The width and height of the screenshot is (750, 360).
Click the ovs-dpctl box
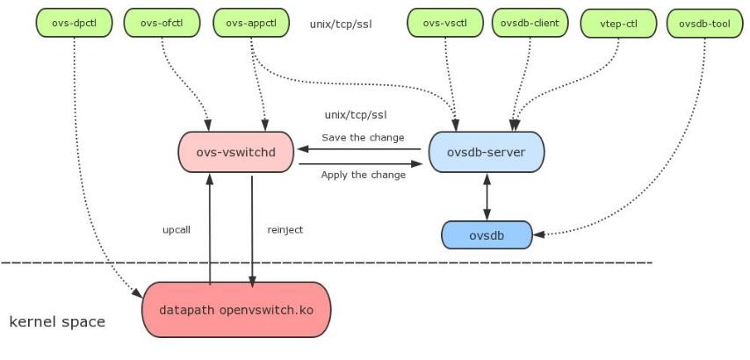pyautogui.click(x=74, y=23)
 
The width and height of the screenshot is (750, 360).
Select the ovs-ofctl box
pyautogui.click(x=163, y=23)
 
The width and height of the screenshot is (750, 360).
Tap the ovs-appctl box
pyautogui.click(x=252, y=23)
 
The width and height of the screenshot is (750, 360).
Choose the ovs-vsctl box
pyautogui.click(x=447, y=23)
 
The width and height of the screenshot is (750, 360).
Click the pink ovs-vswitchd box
pyautogui.click(x=235, y=152)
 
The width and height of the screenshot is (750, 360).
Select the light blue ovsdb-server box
pyautogui.click(x=487, y=152)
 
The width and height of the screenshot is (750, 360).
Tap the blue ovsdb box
pyautogui.click(x=486, y=234)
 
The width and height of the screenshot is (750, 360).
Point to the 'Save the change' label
pyautogui.click(x=363, y=137)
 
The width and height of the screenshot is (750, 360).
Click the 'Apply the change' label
pyautogui.click(x=363, y=175)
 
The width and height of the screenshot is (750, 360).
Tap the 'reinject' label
pyautogui.click(x=285, y=228)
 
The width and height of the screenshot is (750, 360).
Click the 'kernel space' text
pyautogui.click(x=57, y=321)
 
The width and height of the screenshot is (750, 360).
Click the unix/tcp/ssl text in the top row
pyautogui.click(x=341, y=24)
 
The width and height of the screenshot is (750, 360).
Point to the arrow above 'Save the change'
pyautogui.click(x=361, y=149)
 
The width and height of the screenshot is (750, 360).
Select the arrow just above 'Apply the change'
pyautogui.click(x=361, y=163)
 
